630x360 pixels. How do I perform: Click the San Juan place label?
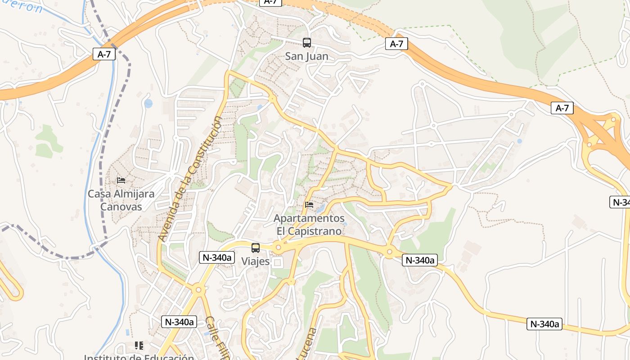point(306,56)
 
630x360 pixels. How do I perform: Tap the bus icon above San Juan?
point(306,43)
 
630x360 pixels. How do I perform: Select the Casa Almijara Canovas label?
point(121,200)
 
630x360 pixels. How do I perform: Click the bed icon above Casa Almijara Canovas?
point(121,180)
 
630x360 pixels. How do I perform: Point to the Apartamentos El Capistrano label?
point(309,225)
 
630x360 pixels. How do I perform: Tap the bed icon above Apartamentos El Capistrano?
point(309,205)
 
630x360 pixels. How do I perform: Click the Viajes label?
point(255,261)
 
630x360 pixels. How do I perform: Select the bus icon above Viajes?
point(256,248)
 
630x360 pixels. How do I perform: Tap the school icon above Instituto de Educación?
point(139,346)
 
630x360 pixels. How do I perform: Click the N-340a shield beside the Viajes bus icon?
point(217,257)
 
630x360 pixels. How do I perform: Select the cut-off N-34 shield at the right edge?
point(621,202)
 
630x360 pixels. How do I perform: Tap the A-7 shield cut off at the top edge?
point(270,2)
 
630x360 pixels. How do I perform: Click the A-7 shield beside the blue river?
point(104,54)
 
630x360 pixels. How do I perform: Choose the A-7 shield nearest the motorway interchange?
point(562,108)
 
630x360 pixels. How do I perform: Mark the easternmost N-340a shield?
point(544,324)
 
